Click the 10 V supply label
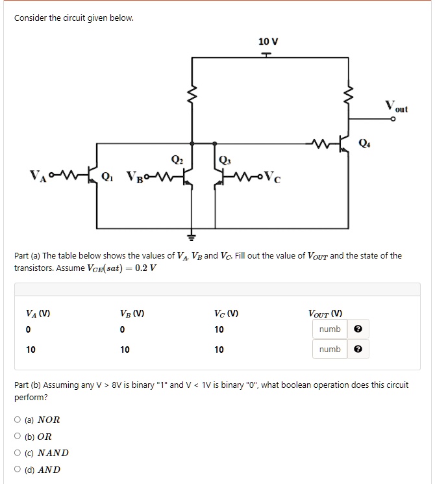(x=267, y=42)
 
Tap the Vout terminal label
(x=397, y=106)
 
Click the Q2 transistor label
(x=177, y=160)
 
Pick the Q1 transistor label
(x=110, y=175)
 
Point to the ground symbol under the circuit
(x=192, y=235)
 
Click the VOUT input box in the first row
(x=330, y=329)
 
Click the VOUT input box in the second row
(x=330, y=350)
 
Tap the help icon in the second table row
(x=357, y=350)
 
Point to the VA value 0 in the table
(x=29, y=329)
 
